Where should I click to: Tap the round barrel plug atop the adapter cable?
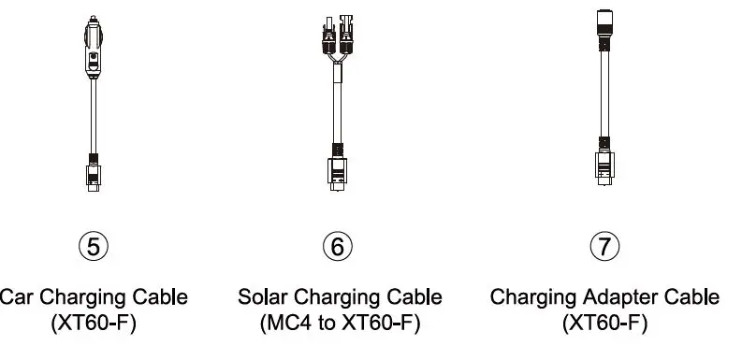point(604,22)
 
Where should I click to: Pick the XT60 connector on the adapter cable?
point(604,165)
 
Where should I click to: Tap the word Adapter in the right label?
point(618,297)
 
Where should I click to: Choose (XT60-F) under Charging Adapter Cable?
point(604,324)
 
